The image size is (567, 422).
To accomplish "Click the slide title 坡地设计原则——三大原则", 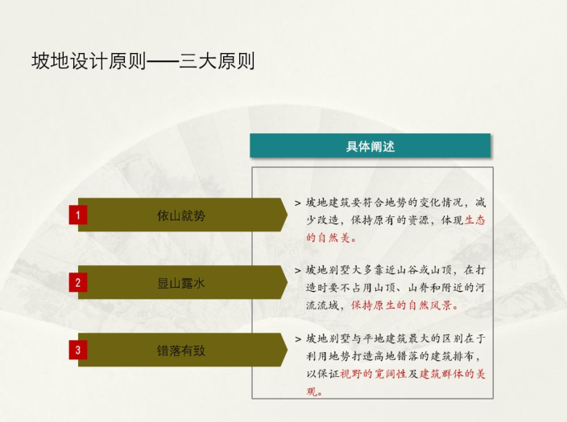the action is point(143,60).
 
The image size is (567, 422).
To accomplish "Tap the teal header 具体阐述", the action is point(370,145).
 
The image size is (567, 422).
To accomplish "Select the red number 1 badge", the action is point(78,215).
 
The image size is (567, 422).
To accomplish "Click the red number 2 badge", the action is point(78,283).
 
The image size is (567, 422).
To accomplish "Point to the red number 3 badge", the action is point(78,350).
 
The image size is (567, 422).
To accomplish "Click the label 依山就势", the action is point(181,215).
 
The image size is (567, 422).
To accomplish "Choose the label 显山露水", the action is point(181,283).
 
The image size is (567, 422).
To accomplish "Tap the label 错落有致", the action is point(181,350).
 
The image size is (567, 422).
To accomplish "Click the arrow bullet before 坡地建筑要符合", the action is point(298,203).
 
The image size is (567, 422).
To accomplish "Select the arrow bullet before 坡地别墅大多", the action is point(298,271).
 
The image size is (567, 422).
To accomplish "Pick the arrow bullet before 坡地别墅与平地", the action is point(298,339).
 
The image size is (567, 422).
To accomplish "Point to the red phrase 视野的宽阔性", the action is point(373,374).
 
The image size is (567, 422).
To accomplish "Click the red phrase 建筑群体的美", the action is point(453,374).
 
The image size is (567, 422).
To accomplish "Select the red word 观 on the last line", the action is point(312,391).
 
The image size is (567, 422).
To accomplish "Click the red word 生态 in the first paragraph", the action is point(475,220).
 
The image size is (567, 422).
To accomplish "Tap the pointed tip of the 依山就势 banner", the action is point(288,215).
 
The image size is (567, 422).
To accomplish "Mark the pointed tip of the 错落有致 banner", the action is point(288,350).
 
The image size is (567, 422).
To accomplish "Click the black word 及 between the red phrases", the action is point(413,374).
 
